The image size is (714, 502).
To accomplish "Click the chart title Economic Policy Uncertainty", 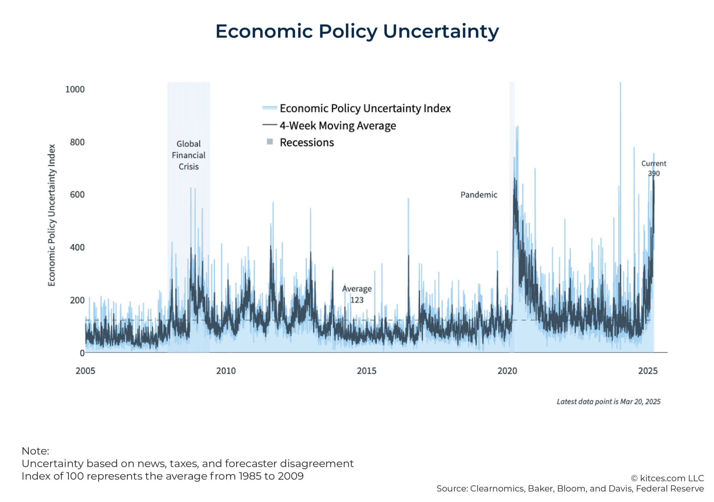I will click(x=357, y=31).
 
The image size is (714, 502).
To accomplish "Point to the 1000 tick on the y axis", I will click(x=75, y=89).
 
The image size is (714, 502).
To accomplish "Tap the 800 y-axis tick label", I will click(x=77, y=142).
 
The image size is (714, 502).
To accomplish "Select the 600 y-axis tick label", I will click(x=77, y=194).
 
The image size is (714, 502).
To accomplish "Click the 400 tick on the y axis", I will click(x=77, y=247).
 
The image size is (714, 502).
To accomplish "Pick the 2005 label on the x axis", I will click(x=85, y=371).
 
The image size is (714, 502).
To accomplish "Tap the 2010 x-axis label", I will click(x=226, y=371).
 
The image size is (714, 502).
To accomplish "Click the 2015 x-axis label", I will click(x=367, y=371).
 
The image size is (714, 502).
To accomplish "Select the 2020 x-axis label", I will click(x=507, y=371).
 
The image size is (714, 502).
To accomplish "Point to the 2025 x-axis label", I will click(x=648, y=371).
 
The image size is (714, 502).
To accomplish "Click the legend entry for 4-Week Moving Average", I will click(x=337, y=126).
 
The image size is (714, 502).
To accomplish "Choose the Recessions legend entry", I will click(x=306, y=142).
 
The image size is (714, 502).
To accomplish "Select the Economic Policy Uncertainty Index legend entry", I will click(x=365, y=108).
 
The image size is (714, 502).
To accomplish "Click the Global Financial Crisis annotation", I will click(x=188, y=155).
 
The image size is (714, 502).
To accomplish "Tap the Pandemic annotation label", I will click(x=479, y=195).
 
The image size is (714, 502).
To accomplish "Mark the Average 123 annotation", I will click(x=357, y=294).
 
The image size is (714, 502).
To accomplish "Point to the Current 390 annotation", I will click(x=654, y=168).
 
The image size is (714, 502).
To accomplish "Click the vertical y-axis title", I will click(x=52, y=215).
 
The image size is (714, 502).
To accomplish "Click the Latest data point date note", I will click(x=608, y=401).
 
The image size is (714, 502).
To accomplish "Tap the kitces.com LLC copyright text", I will click(x=667, y=478).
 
